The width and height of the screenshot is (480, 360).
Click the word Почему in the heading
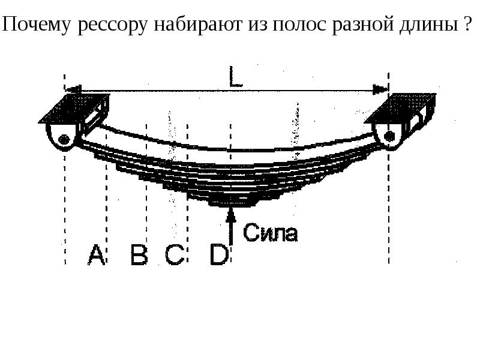pyautogui.click(x=37, y=24)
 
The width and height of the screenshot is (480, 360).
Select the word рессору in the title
pyautogui.click(x=112, y=26)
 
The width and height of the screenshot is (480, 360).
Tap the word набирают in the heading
pyautogui.click(x=198, y=24)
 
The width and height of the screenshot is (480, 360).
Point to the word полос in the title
pyautogui.click(x=299, y=25)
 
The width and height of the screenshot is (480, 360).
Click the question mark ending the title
pyautogui.click(x=467, y=24)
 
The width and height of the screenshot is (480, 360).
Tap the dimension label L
pyautogui.click(x=235, y=77)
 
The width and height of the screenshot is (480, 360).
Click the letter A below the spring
pyautogui.click(x=96, y=254)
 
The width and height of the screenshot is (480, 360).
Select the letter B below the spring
pyautogui.click(x=139, y=254)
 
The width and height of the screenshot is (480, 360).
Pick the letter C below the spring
pyautogui.click(x=175, y=254)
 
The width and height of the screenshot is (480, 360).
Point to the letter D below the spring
pyautogui.click(x=219, y=254)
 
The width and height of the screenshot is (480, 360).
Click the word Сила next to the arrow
pyautogui.click(x=270, y=233)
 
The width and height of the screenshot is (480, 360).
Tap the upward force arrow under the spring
pyautogui.click(x=231, y=226)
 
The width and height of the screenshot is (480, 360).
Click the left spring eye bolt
pyautogui.click(x=64, y=140)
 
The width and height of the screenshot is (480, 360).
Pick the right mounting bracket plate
pyautogui.click(x=400, y=108)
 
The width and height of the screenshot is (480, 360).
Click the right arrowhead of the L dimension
pyautogui.click(x=380, y=89)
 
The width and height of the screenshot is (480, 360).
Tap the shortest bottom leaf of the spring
pyautogui.click(x=232, y=203)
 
